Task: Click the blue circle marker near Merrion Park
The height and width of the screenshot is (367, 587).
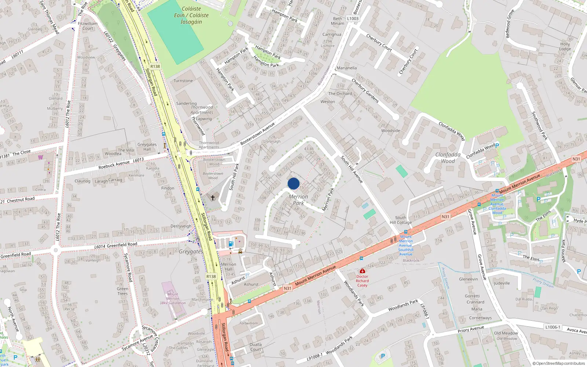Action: pos(293,183)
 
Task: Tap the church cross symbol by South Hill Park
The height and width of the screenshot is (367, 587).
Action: pos(212,198)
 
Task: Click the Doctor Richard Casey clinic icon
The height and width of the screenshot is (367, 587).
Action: pos(362,271)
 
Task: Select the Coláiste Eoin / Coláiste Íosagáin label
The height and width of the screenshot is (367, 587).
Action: pos(191,15)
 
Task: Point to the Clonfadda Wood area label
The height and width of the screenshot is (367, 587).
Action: pos(448,158)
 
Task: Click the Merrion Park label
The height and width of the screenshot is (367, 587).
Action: pos(298,200)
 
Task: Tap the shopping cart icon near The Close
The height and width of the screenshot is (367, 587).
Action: pos(40,157)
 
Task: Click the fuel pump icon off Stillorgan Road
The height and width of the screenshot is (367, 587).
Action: pos(231,243)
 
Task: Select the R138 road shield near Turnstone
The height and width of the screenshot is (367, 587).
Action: pos(155,66)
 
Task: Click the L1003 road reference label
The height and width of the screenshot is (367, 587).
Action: pos(353,18)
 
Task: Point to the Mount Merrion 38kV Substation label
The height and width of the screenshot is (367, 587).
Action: pos(172,299)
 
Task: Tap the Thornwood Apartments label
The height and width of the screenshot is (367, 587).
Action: pos(202,110)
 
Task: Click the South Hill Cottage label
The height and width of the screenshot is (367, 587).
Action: pos(401,220)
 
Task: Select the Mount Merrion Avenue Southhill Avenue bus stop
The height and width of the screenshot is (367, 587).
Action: pos(405,232)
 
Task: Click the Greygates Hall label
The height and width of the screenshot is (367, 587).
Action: pos(147,147)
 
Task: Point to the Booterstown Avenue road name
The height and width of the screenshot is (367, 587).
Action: pos(258,134)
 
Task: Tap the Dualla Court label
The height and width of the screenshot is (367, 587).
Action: pos(256,347)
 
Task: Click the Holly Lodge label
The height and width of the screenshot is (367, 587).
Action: pos(565,46)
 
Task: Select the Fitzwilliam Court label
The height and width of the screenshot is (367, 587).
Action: pos(88,26)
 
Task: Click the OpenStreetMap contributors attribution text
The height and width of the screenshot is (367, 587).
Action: pos(559,363)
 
